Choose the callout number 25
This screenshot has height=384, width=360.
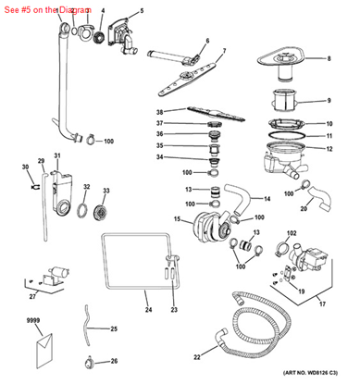[114, 329]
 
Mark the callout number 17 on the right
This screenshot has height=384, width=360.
[322, 303]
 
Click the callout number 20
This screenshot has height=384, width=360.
[304, 209]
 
